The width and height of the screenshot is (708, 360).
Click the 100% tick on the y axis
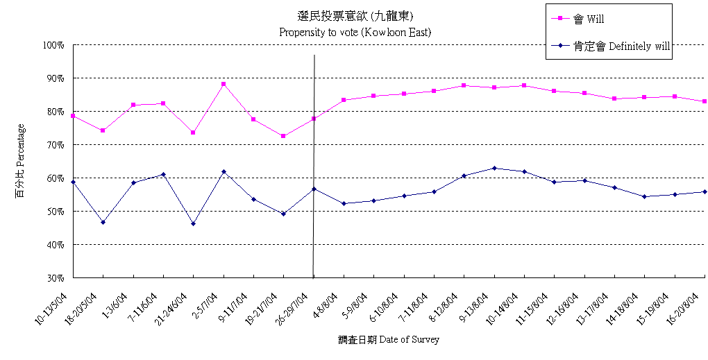point(53,45)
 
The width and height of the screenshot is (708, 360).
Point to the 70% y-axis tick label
point(55,145)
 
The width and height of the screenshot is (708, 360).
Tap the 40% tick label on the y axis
point(55,245)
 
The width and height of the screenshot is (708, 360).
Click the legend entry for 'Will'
point(593,19)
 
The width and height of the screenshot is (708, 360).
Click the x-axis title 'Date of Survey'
point(389,339)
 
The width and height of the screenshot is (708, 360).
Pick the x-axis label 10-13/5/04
point(53,308)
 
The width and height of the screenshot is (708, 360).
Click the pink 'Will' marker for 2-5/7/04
point(224,84)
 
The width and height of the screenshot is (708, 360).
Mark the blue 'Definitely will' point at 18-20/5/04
point(103,222)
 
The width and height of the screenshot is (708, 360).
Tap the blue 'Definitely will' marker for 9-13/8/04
point(494,168)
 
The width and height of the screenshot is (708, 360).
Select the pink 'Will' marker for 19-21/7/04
point(283,136)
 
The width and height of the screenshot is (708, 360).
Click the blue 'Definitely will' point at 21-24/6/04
point(193,223)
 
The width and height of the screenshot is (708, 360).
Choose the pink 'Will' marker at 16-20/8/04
point(705,101)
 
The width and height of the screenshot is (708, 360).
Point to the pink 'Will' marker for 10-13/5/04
point(73,116)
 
